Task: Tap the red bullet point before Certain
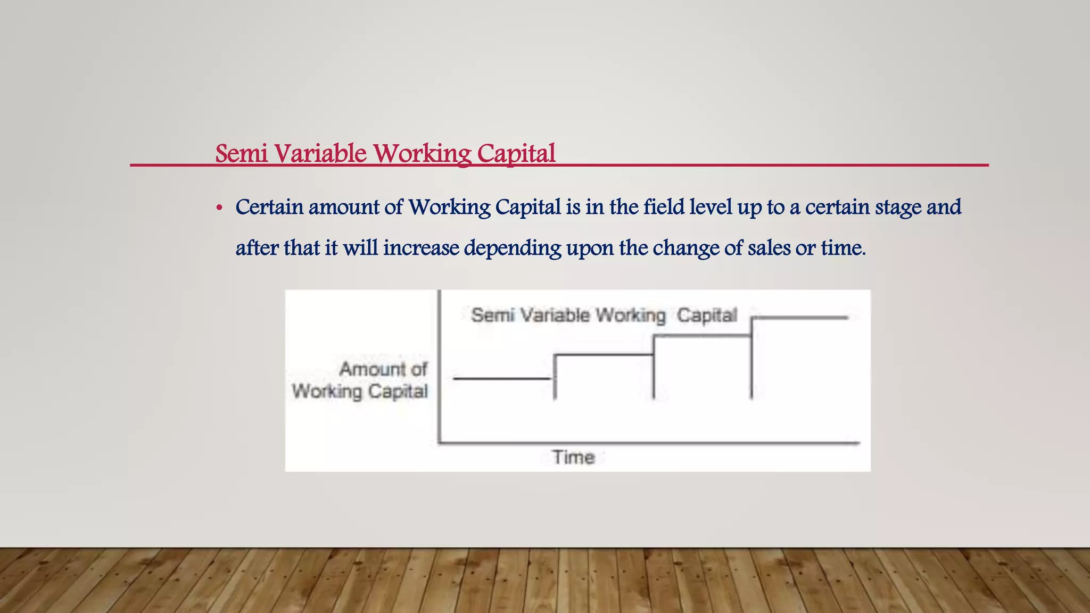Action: click(x=219, y=208)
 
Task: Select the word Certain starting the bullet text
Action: click(x=269, y=207)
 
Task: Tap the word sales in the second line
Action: click(x=769, y=248)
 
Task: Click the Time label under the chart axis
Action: click(x=573, y=457)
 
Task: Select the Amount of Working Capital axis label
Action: click(x=360, y=380)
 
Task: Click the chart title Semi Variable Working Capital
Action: click(x=604, y=315)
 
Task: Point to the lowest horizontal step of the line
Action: click(x=502, y=378)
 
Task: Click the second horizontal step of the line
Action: click(x=604, y=354)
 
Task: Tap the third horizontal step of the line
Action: click(x=702, y=336)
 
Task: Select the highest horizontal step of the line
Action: click(x=799, y=318)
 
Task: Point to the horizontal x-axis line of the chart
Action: click(x=649, y=442)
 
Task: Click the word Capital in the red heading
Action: click(x=516, y=154)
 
